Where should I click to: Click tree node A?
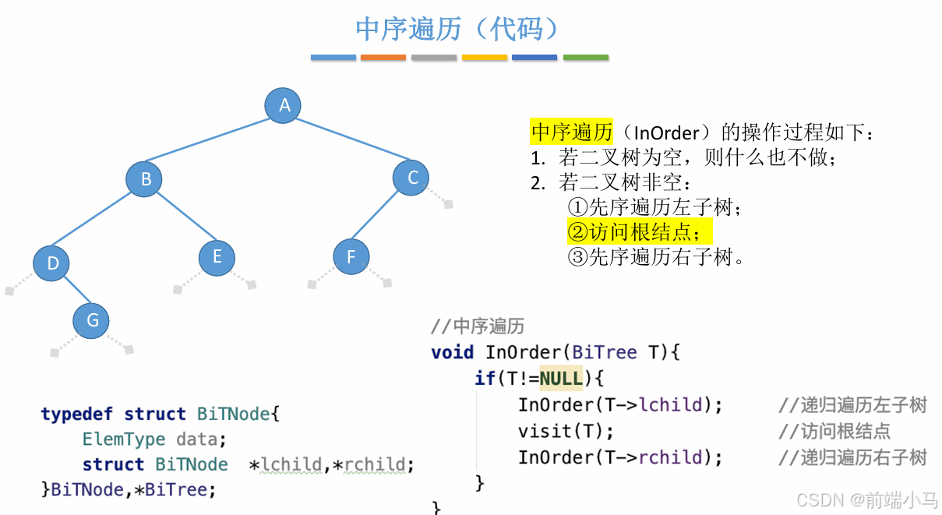coord(283,105)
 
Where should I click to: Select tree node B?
coord(144,180)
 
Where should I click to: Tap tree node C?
coord(412,178)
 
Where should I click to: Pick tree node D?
coord(51,263)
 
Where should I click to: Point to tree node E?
coord(217,256)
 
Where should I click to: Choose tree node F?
coord(351,256)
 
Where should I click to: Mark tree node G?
coord(91,320)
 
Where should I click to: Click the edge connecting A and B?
coord(213,143)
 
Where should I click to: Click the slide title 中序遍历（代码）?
coord(458,29)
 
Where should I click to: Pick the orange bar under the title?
coord(383,58)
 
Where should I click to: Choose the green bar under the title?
coord(586,58)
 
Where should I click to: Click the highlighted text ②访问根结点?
coord(639,231)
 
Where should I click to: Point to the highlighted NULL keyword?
coord(561,378)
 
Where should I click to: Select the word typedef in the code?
coord(77,414)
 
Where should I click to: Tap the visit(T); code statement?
coord(566,431)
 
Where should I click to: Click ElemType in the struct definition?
coord(124,439)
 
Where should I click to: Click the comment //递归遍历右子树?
coord(852,457)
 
